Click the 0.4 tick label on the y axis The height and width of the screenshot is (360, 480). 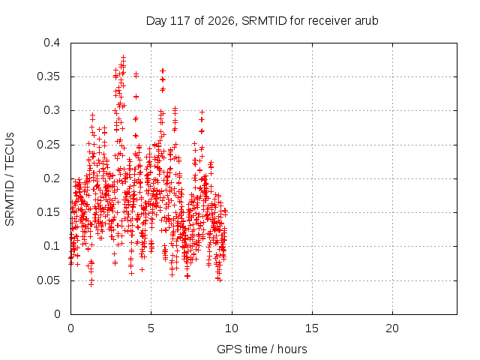tap(52, 43)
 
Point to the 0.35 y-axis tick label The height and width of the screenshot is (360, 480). tap(49, 76)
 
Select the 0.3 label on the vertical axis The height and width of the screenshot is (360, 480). tap(52, 110)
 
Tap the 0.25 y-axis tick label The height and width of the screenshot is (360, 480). tap(49, 145)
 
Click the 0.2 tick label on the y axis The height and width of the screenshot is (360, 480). tap(52, 178)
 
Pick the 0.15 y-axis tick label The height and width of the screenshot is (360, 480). tap(49, 212)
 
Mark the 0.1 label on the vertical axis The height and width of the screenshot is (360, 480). tap(52, 246)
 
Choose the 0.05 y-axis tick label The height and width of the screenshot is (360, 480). tap(49, 280)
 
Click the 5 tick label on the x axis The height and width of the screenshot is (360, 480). tap(151, 328)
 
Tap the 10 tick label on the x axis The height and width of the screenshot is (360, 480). tap(232, 328)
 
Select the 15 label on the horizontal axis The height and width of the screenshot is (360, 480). tap(312, 328)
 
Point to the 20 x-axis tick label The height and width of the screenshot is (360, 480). tap(392, 328)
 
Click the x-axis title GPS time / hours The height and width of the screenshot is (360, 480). tap(262, 349)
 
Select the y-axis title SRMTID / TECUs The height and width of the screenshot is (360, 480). tap(10, 179)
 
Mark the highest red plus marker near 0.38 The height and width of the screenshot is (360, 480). tap(123, 57)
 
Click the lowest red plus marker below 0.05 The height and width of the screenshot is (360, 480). tap(91, 284)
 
